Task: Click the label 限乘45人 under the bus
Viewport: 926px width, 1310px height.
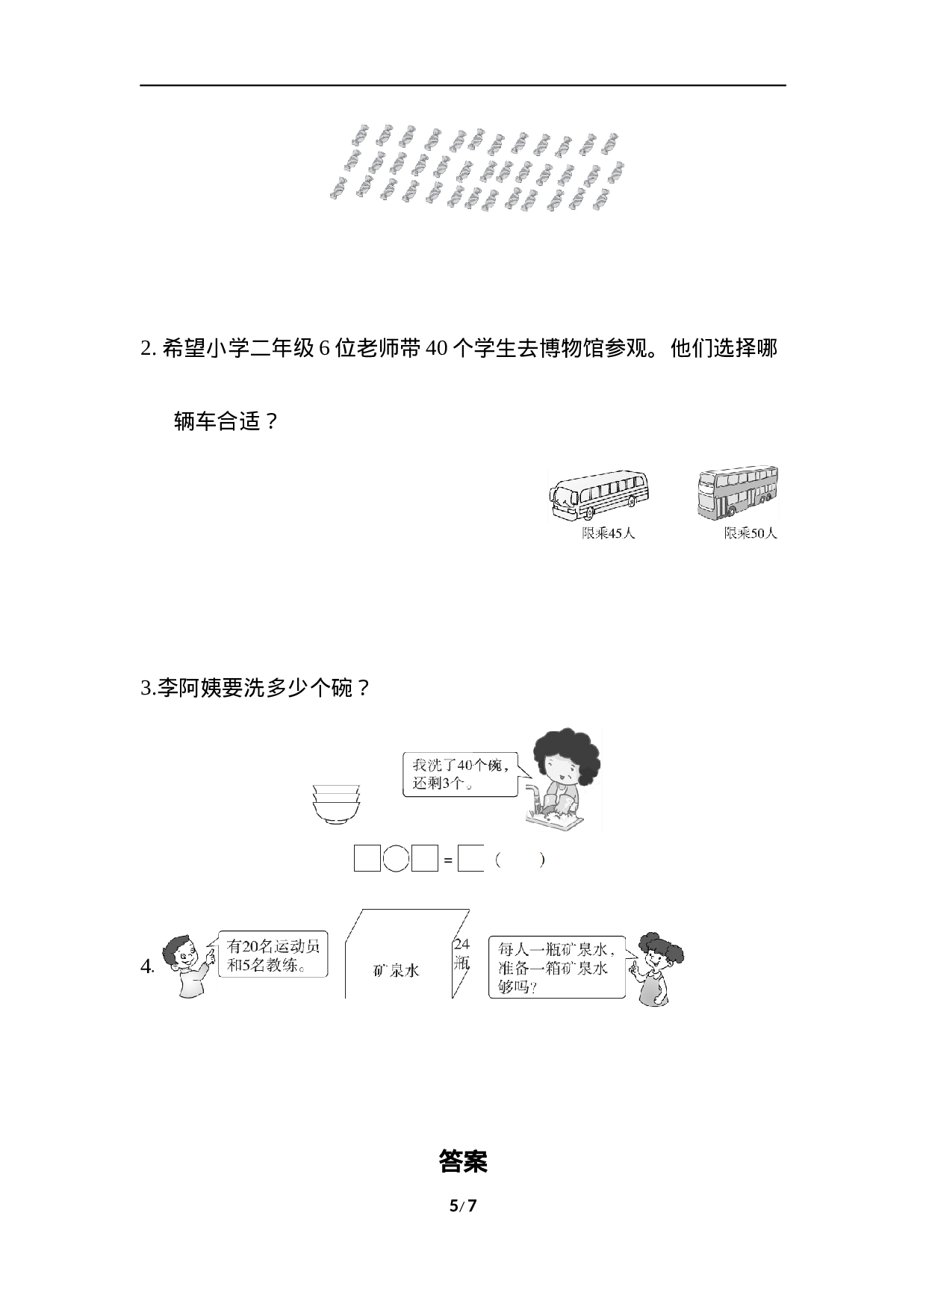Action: click(608, 533)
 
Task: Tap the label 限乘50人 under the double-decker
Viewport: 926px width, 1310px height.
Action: click(750, 533)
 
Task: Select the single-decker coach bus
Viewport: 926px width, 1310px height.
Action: click(600, 494)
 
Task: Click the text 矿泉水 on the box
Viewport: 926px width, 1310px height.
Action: click(396, 970)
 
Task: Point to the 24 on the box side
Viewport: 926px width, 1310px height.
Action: click(462, 945)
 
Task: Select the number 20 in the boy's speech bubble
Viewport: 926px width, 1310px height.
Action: click(251, 946)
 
